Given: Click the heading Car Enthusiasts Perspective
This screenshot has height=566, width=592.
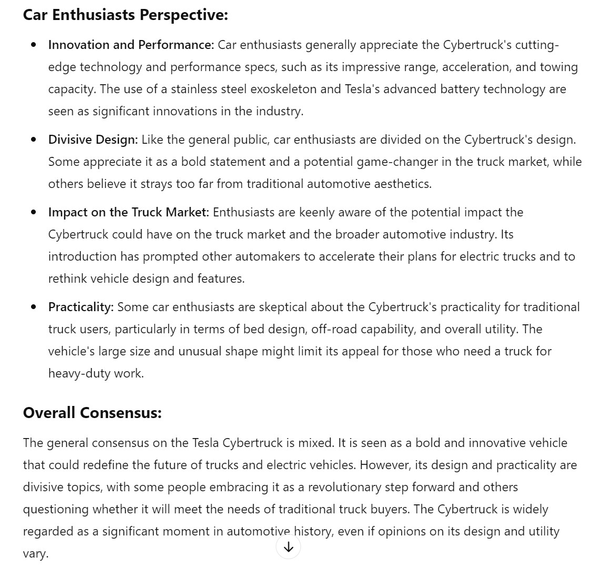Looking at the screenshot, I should point(125,15).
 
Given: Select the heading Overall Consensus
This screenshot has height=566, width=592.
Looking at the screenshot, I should point(92,413).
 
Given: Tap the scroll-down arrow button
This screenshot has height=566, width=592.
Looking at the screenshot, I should point(288,547).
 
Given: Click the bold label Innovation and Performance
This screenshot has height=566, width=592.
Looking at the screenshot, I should point(131,45).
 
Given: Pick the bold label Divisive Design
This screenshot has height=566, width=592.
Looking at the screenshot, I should point(93,140).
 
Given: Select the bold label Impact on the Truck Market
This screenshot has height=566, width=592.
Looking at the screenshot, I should point(129,213).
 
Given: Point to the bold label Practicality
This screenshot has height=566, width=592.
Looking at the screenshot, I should point(81,307).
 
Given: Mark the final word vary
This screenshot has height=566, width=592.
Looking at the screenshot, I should point(35,554).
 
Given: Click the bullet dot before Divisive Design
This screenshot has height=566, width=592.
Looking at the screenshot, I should point(34,140).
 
